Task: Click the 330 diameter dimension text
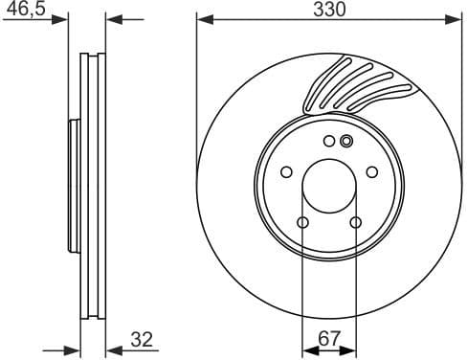[328, 10]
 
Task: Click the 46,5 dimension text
[24, 9]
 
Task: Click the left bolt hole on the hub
[285, 173]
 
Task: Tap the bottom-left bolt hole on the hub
[302, 224]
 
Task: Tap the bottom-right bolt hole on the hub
[355, 224]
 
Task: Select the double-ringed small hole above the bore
[346, 142]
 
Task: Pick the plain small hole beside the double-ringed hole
[329, 142]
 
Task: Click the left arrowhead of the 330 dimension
[203, 18]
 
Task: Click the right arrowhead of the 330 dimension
[455, 18]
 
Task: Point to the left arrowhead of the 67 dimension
[307, 349]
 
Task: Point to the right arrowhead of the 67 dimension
[350, 349]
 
